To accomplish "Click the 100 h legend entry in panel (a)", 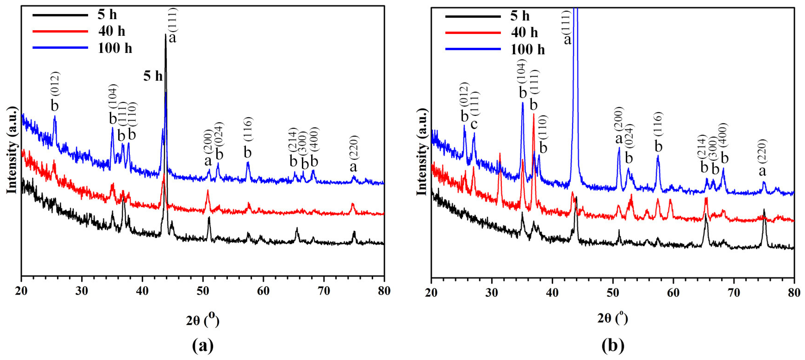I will [x=115, y=48].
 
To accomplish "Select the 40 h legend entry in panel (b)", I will [x=524, y=32].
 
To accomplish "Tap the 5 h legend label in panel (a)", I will [x=107, y=15].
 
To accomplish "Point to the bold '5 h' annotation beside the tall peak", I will [x=153, y=76].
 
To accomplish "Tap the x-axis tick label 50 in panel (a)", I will [x=203, y=291].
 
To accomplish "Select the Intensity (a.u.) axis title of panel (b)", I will [x=421, y=152].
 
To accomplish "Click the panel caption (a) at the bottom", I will [x=203, y=346].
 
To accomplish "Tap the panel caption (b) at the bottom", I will [x=613, y=346].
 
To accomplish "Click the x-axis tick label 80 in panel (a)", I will [x=384, y=291].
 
